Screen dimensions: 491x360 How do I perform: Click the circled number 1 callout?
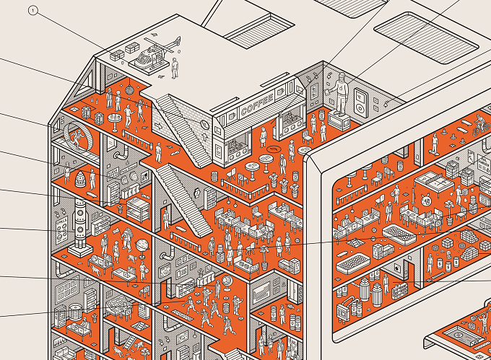click(32, 11)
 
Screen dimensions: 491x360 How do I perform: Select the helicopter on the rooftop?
click(153, 54)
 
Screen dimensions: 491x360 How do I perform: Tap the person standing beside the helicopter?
click(175, 68)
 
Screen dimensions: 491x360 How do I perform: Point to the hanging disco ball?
click(129, 89)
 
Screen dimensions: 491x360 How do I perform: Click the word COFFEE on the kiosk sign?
click(257, 105)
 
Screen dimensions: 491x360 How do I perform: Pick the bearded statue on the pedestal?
click(340, 93)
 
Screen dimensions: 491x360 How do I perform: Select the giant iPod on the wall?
click(360, 102)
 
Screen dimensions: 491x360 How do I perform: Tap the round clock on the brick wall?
click(205, 125)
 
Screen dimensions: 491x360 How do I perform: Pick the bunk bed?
click(139, 210)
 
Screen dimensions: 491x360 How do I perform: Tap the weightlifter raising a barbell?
click(481, 323)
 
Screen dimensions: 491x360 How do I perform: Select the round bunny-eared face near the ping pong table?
click(425, 200)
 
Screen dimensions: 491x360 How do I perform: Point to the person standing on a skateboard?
click(435, 143)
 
